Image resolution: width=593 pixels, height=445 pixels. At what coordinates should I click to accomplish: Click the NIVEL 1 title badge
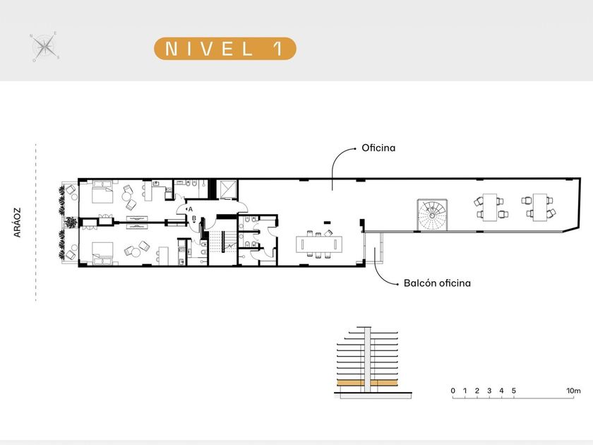[225, 49]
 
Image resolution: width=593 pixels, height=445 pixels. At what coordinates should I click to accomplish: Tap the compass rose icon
[44, 47]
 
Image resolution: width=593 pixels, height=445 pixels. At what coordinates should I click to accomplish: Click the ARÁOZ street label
[18, 222]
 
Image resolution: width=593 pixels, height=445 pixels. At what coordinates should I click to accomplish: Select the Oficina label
[378, 148]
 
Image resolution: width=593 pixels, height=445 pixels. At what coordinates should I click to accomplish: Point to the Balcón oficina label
[437, 283]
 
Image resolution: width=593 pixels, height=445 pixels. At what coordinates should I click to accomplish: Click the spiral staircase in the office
[432, 215]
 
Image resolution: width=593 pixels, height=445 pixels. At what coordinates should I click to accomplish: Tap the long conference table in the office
[319, 244]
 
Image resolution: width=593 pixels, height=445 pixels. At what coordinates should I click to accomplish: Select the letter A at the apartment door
[191, 209]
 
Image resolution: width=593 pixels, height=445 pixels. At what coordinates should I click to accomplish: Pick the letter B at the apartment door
[194, 218]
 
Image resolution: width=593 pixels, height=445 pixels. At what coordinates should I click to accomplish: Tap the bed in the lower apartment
[102, 253]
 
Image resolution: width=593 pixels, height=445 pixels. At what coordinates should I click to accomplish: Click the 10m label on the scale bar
[573, 391]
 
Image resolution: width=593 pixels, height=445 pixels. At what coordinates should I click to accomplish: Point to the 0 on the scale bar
[453, 391]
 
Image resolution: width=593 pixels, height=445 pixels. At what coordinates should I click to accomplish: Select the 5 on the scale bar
[514, 391]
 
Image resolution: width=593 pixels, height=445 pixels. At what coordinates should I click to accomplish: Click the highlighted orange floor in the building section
[367, 383]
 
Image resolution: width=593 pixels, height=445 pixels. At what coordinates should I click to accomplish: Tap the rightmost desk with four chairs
[539, 207]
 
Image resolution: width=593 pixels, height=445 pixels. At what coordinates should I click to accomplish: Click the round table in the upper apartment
[126, 196]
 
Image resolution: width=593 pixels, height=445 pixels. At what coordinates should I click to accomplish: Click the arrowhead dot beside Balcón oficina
[397, 283]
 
